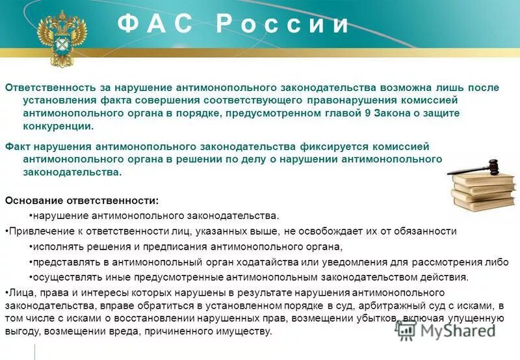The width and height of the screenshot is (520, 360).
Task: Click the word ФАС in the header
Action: (155, 24)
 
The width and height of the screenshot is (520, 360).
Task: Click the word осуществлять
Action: (62, 277)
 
